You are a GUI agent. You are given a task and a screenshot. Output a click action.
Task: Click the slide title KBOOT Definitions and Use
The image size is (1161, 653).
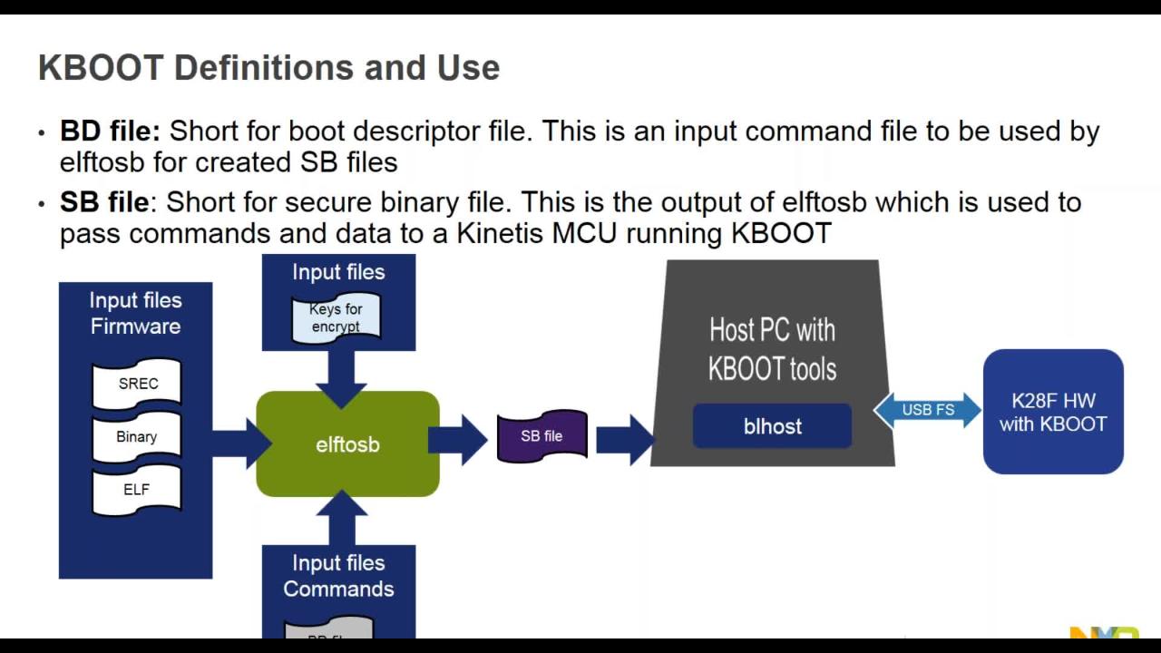point(268,68)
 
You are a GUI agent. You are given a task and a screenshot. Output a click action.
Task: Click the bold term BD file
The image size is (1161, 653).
point(110,132)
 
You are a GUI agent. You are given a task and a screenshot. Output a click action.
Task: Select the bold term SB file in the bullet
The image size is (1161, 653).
point(103,201)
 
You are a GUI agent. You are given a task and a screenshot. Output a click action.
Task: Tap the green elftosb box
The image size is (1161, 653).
point(347,444)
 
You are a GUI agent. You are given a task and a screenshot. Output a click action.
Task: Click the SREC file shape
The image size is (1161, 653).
point(138,384)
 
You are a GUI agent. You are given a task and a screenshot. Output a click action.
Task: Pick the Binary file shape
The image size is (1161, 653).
point(137,436)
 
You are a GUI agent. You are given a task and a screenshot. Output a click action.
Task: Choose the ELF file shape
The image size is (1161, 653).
point(137,490)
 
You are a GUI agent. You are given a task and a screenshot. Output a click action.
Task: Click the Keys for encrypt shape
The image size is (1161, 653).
point(336,318)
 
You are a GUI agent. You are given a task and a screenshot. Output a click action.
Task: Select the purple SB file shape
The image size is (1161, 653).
point(541,436)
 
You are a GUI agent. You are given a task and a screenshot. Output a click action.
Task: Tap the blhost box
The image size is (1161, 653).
point(772,426)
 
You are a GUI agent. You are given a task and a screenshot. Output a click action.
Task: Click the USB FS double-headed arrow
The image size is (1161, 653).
point(927,410)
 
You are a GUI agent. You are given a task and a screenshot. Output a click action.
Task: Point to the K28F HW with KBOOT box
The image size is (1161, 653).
point(1053,412)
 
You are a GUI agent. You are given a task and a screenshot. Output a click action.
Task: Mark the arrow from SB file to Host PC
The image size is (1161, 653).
point(625,440)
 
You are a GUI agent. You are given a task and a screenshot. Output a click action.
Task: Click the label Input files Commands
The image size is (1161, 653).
point(338,576)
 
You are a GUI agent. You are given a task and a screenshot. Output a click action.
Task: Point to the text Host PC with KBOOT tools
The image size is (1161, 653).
point(772,349)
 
